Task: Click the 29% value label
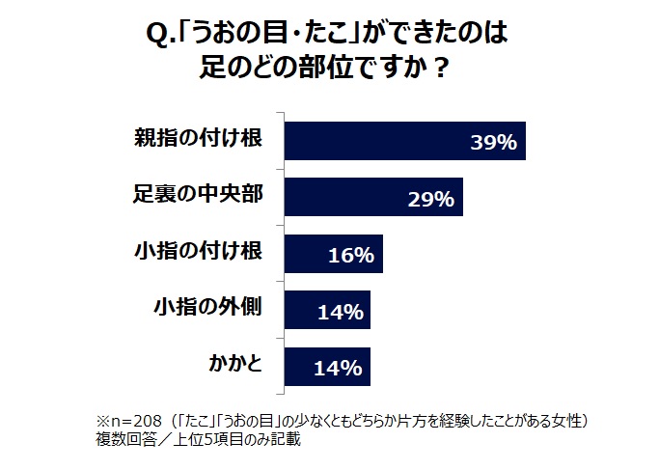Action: [430, 200]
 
